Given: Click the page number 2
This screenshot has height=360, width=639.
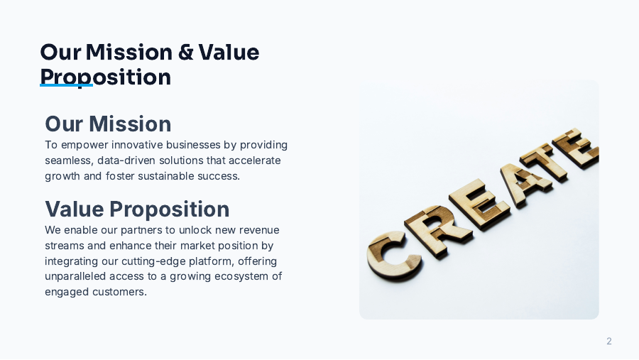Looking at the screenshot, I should click(608, 342).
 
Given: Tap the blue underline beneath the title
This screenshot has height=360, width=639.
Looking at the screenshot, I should click(66, 86).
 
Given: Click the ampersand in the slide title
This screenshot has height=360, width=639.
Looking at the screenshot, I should click(185, 53).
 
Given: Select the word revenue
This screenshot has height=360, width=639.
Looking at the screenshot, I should click(258, 230).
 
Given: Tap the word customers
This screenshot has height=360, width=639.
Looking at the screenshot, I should click(119, 292).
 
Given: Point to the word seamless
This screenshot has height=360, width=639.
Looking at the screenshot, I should click(67, 160).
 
